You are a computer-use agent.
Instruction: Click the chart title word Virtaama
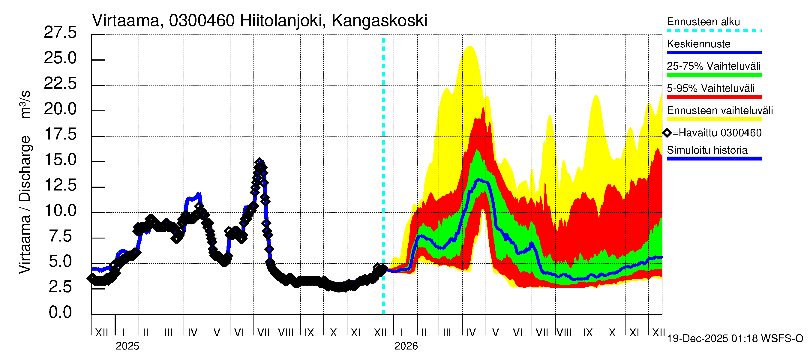[x=126, y=21]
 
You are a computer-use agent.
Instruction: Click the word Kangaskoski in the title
[x=379, y=21]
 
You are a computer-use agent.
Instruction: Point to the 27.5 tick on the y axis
[x=60, y=33]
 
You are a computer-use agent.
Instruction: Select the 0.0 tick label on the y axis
[x=60, y=313]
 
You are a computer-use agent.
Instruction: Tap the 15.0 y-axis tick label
[x=60, y=160]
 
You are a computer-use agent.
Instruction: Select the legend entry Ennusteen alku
[x=703, y=22]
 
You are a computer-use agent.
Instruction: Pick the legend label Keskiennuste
[x=698, y=44]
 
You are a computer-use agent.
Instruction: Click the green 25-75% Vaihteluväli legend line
[x=714, y=75]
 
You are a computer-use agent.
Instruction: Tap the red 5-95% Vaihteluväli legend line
[x=714, y=97]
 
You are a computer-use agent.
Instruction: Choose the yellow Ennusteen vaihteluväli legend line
[x=714, y=119]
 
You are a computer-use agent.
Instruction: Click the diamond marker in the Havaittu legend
[x=667, y=133]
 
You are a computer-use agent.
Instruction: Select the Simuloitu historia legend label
[x=707, y=150]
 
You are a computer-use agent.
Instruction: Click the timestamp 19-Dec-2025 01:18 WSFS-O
[x=735, y=339]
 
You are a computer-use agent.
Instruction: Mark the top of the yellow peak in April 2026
[x=470, y=46]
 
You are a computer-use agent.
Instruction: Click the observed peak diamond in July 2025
[x=259, y=162]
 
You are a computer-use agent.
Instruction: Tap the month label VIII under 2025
[x=286, y=333]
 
